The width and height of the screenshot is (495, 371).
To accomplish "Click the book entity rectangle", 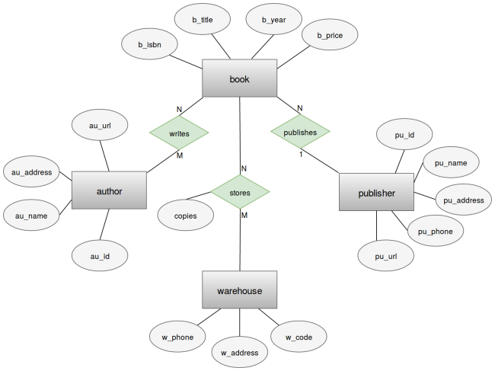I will (239, 78).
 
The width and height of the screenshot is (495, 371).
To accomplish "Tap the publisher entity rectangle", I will (376, 193).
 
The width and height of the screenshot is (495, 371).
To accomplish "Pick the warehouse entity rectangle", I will (239, 290).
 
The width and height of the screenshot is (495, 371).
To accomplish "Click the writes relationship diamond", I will (179, 133).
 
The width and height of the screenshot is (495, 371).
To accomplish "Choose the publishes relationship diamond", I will (300, 131).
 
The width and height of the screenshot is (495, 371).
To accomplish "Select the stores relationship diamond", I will (239, 192).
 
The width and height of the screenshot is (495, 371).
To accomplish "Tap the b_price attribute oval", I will (331, 34).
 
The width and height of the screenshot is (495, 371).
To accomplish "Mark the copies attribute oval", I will (186, 216).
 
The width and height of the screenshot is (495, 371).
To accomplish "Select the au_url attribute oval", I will (101, 125).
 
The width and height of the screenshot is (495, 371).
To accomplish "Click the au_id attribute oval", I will (101, 256).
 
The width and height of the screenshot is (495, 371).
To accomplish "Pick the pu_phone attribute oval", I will (436, 231).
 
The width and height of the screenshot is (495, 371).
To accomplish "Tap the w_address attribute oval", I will (240, 352).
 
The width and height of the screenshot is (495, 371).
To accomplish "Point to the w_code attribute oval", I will (299, 336).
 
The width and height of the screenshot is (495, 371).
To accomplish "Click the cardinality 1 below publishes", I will (301, 155).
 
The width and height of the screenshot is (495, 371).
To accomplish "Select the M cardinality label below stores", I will (244, 216).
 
